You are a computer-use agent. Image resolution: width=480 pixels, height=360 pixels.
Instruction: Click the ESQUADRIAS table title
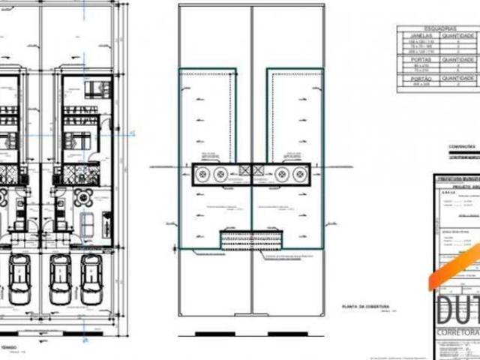pyautogui.click(x=436, y=28)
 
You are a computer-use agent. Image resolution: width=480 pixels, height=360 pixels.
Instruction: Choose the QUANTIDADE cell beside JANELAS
pyautogui.click(x=454, y=34)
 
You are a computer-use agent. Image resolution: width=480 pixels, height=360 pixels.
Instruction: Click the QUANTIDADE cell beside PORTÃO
pyautogui.click(x=454, y=78)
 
